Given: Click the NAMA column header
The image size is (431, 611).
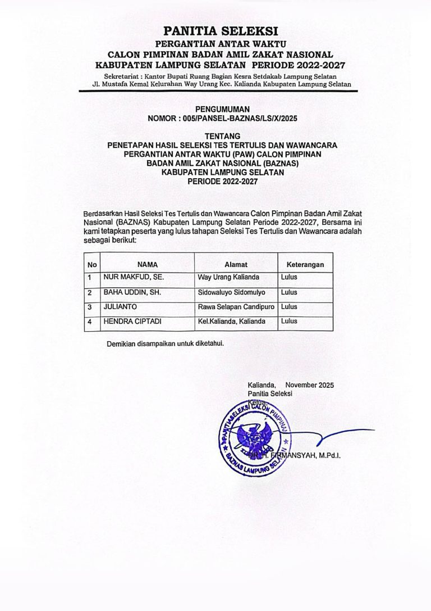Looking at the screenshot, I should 147,264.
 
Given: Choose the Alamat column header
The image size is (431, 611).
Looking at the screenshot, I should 236,264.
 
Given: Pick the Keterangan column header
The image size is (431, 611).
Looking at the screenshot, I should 305,264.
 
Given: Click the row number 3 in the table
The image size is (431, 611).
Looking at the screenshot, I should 90,307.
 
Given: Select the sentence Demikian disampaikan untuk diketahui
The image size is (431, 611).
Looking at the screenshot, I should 165,344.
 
